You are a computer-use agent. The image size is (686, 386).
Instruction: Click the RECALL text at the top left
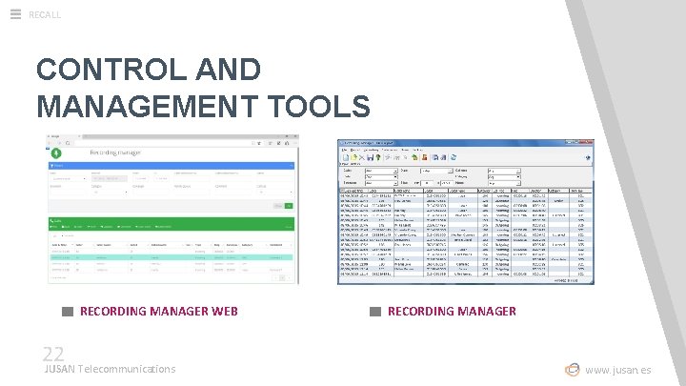[x=45, y=14]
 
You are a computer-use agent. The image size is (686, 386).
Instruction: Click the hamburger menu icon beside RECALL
[x=15, y=13]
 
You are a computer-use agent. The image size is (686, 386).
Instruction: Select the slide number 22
[x=52, y=355]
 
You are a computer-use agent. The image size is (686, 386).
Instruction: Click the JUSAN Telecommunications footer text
[x=110, y=369]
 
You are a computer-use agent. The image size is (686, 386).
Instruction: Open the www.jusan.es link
[x=618, y=370]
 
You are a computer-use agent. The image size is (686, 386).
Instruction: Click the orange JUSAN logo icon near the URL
[x=572, y=370]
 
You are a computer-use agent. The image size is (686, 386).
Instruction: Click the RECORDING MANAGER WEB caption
[x=158, y=311]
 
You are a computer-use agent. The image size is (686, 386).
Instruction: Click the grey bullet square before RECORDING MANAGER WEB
[x=67, y=311]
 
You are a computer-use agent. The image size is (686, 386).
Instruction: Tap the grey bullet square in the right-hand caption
[x=375, y=311]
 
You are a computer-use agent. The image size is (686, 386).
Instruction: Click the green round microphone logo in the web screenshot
[x=56, y=152]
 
